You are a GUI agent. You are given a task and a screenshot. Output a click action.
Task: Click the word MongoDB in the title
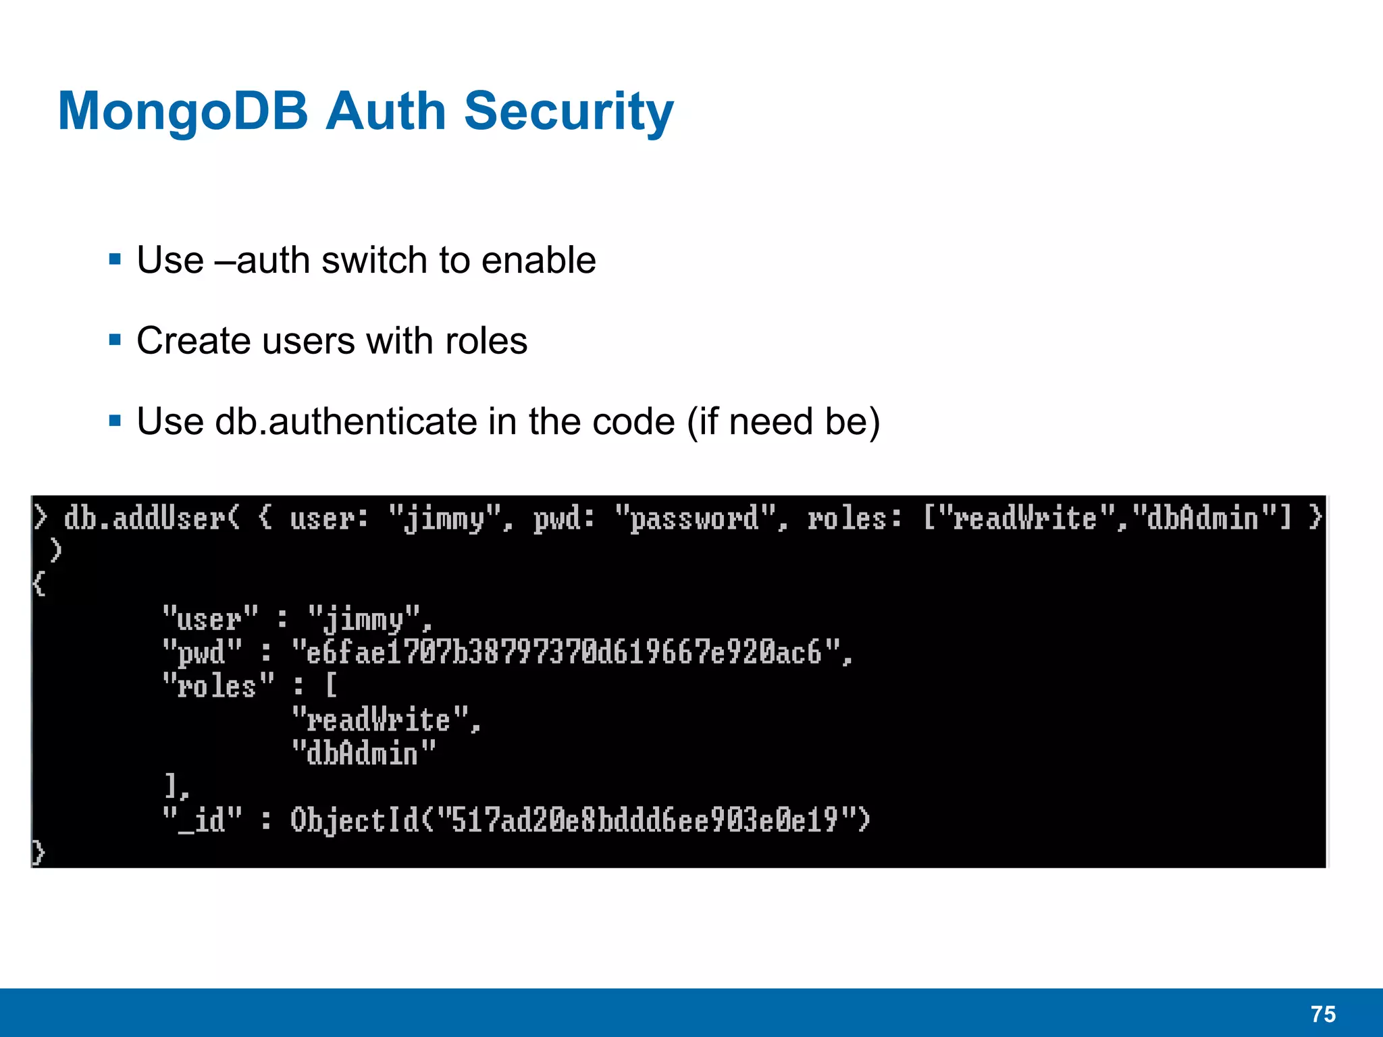[182, 111]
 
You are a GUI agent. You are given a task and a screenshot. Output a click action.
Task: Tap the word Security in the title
[569, 111]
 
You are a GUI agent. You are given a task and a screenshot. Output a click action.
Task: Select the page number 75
[1323, 1014]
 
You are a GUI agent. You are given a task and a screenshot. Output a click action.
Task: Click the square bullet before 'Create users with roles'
[115, 340]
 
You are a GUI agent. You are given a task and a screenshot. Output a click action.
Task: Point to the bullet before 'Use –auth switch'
[115, 259]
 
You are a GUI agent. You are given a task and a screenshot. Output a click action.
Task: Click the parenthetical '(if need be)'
[783, 422]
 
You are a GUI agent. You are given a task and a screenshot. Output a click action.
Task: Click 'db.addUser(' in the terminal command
[152, 518]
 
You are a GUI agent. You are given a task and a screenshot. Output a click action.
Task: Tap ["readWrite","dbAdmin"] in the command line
[1107, 518]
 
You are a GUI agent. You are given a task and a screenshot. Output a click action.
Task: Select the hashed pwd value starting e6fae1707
[567, 652]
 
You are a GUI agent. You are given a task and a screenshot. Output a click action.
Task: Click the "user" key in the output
[210, 618]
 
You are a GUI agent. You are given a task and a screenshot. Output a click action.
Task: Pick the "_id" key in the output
[202, 820]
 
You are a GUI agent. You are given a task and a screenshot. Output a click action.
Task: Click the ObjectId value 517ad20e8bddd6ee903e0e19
[645, 820]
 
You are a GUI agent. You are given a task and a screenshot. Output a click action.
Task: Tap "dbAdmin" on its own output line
[364, 753]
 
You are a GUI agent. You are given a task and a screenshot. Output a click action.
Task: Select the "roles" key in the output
[218, 686]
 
